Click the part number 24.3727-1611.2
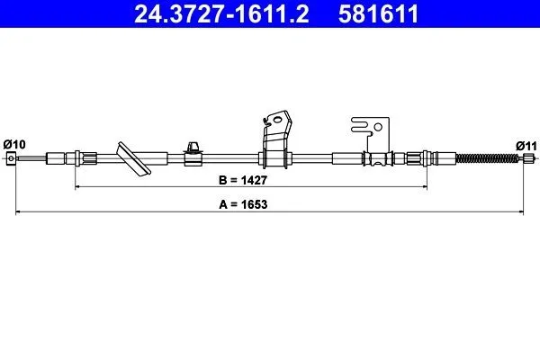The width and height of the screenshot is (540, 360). (x=221, y=14)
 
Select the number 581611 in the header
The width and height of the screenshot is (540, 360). (x=378, y=14)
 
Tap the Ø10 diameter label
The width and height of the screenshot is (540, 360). (x=14, y=144)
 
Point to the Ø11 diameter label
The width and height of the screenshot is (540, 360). (x=526, y=146)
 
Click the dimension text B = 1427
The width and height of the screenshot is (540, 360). (x=243, y=180)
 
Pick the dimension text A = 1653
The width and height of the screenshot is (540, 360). (x=243, y=204)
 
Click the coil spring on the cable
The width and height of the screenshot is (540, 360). (x=487, y=158)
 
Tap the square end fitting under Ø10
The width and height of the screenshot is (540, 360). (x=11, y=158)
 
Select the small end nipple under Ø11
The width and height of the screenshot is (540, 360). (x=528, y=158)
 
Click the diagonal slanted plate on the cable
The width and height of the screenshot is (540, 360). (x=133, y=159)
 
